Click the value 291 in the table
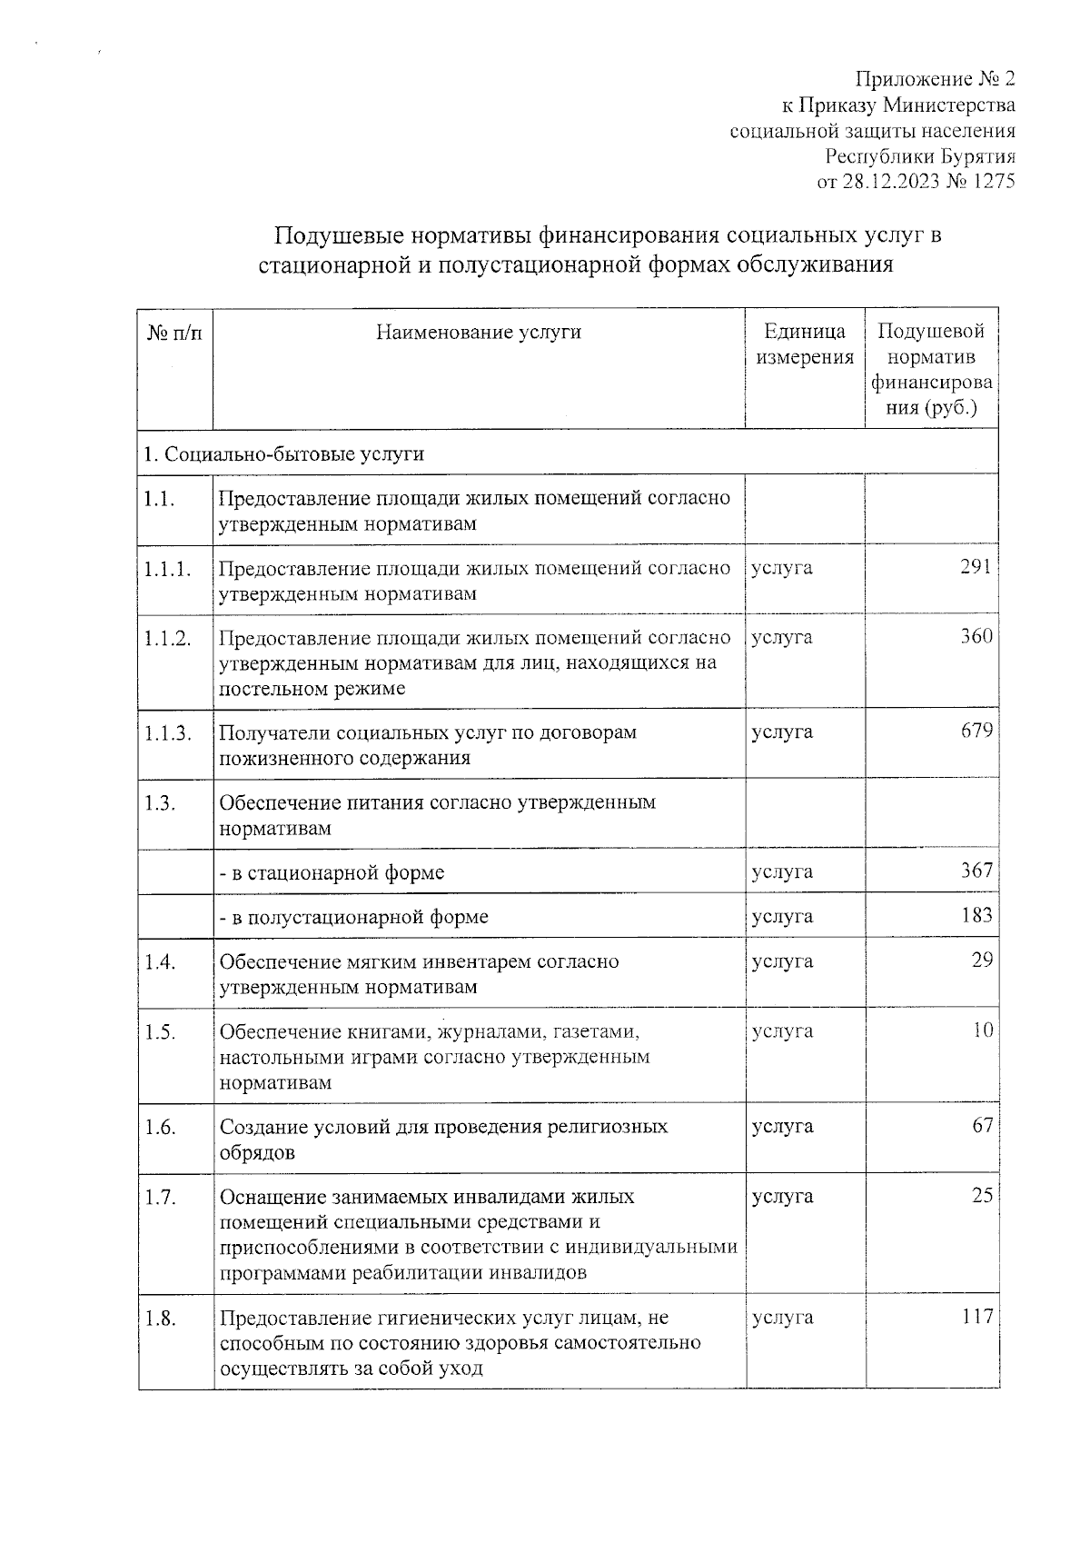(976, 567)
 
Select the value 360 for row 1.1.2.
(976, 636)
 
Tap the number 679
(976, 731)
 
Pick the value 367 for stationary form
(976, 871)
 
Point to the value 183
(976, 914)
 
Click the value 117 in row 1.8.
(977, 1316)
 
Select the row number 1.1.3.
(167, 732)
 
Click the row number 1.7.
(159, 1197)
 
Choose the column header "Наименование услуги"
(479, 333)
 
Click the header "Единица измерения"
(805, 344)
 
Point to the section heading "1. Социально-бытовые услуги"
(283, 453)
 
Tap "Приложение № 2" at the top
(936, 78)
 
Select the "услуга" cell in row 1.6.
(782, 1127)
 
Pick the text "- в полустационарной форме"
(354, 917)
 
